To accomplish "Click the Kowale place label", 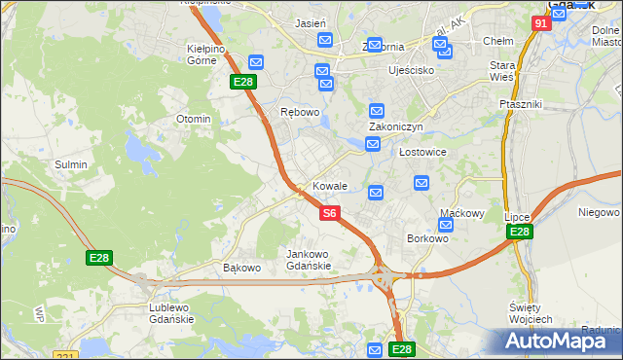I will tap(330, 186).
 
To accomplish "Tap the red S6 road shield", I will tap(330, 212).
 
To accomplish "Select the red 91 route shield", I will tap(542, 22).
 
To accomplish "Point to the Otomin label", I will tap(193, 119).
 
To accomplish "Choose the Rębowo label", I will tap(300, 112).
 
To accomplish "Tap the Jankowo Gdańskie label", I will tap(309, 260).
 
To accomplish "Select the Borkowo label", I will tap(427, 238).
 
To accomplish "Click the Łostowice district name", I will tap(422, 153).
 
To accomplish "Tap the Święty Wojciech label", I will tap(531, 313).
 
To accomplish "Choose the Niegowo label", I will tap(599, 212).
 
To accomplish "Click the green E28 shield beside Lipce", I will tap(520, 232).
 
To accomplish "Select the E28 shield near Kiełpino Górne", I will tap(243, 82).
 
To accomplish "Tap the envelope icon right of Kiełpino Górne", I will tap(256, 61).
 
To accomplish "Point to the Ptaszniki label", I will tap(520, 104).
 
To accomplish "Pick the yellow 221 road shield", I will tap(66, 356).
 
